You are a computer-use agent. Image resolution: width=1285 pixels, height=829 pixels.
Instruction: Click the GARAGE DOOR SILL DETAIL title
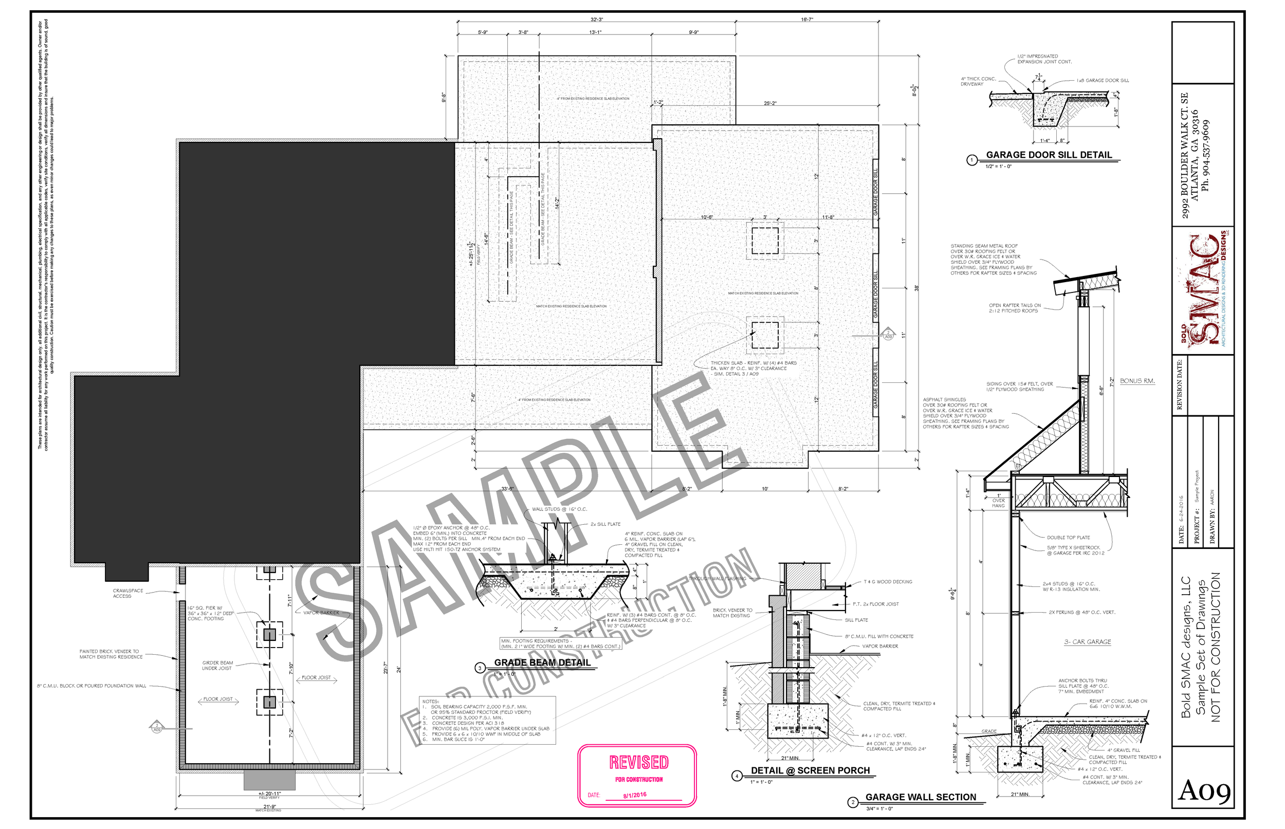pyautogui.click(x=1048, y=155)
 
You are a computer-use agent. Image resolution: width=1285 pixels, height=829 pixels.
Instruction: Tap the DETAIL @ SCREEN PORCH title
pyautogui.click(x=810, y=770)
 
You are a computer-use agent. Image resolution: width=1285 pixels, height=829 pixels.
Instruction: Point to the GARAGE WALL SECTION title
pyautogui.click(x=920, y=797)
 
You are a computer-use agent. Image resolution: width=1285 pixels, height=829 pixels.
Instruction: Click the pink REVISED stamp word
pyautogui.click(x=638, y=762)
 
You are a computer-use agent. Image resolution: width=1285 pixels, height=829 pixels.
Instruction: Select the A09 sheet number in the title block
pyautogui.click(x=1204, y=791)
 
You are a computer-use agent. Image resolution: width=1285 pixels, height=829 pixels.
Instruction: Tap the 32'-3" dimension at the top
pyautogui.click(x=596, y=20)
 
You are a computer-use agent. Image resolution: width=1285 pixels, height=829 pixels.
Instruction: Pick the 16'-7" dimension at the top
pyautogui.click(x=806, y=20)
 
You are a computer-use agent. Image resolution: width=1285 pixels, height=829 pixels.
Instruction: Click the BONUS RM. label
pyautogui.click(x=1137, y=381)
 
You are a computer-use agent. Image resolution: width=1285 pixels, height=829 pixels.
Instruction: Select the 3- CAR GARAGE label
pyautogui.click(x=1088, y=642)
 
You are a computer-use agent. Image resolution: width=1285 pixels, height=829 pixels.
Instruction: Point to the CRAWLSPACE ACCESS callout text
pyautogui.click(x=127, y=593)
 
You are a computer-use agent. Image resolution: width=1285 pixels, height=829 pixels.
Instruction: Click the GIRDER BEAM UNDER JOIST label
pyautogui.click(x=217, y=666)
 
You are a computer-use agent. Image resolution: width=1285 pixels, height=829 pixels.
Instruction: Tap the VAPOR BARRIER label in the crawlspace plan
pyautogui.click(x=321, y=613)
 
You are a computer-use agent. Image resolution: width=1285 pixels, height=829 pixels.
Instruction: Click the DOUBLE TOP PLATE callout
pyautogui.click(x=1068, y=537)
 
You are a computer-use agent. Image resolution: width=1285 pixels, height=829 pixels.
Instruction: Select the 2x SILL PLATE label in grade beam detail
pyautogui.click(x=605, y=524)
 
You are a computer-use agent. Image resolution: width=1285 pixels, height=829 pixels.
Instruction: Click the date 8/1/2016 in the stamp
pyautogui.click(x=635, y=795)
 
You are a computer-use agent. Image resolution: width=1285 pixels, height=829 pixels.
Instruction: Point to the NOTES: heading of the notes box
pyautogui.click(x=431, y=702)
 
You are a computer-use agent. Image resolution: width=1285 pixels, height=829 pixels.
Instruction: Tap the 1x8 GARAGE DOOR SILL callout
pyautogui.click(x=1103, y=81)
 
